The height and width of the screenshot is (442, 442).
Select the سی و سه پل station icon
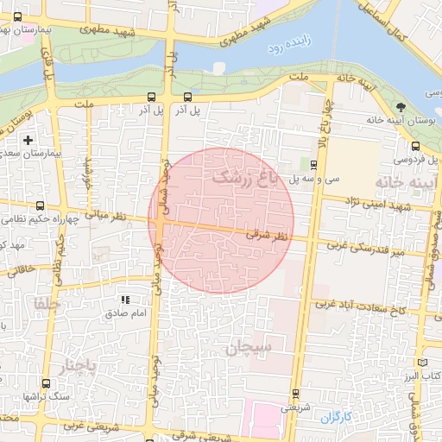click(313, 163)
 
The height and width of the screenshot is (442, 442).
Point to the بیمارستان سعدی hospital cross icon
click(28, 139)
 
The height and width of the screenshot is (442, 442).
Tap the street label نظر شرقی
click(265, 234)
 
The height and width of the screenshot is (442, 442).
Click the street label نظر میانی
click(111, 215)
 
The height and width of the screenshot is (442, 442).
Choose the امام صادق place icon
click(125, 300)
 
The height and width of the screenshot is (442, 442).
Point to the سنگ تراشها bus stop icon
click(43, 382)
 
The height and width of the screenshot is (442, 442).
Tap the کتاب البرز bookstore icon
click(421, 363)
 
